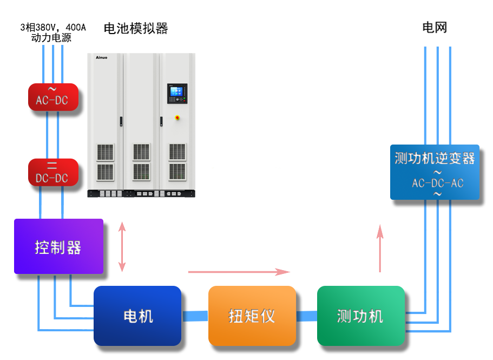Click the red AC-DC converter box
coord(53,97)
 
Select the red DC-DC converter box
coord(53,172)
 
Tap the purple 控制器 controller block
coord(59,246)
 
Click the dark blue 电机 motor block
coord(137,316)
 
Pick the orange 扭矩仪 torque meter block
coord(252,316)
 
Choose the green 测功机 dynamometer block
coord(361,316)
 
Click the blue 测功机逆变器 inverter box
coord(435,172)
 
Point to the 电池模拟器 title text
coord(136,28)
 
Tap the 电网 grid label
coord(435,28)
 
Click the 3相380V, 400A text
coord(53,28)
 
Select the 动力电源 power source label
coord(51,38)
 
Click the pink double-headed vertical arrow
coord(122,247)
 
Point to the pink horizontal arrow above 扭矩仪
coord(239,272)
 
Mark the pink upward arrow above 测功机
coord(380,248)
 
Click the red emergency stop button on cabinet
coord(178,118)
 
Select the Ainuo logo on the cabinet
coord(102,57)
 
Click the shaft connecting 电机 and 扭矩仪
coord(195,316)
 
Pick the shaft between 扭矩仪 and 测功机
coord(307,316)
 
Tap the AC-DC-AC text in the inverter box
coord(438,183)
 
